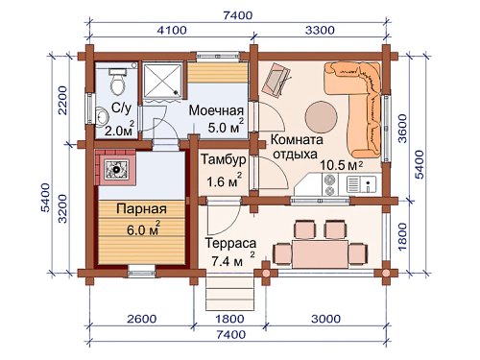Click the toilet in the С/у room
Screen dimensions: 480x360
tap(118, 82)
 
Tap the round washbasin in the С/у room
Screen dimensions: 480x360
tap(102, 116)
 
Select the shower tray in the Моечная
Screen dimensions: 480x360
tap(162, 80)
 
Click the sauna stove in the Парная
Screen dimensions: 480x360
tap(116, 169)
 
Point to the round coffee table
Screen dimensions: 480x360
tap(321, 117)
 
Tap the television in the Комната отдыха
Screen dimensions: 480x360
tap(275, 79)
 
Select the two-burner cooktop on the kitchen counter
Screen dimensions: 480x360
tap(330, 184)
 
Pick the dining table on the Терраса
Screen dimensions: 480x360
tap(321, 254)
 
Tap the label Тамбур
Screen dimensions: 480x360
tap(224, 159)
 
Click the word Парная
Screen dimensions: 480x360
tap(141, 209)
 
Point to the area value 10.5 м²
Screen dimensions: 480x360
tap(342, 165)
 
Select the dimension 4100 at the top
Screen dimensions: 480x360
tap(172, 31)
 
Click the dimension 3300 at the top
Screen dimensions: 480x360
tap(320, 31)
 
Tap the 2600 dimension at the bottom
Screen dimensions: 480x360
tap(142, 319)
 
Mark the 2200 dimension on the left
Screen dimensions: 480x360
tap(62, 100)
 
